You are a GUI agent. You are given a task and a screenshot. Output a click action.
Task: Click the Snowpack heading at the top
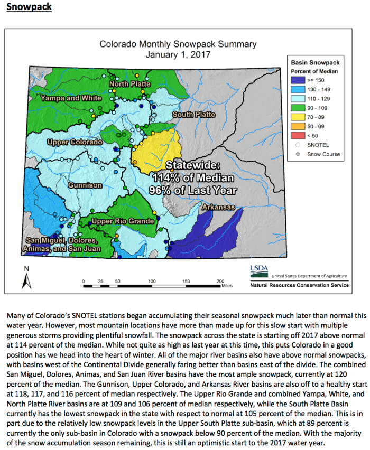click(x=29, y=8)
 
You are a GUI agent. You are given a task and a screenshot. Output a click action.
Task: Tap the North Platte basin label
click(x=130, y=84)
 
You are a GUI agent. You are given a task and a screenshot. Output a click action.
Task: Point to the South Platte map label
click(x=193, y=115)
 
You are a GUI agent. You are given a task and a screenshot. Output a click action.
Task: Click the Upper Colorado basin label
click(x=75, y=143)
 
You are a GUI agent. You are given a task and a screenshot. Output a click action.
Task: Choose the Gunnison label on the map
click(x=85, y=185)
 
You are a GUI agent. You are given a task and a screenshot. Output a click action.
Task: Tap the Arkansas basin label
click(x=217, y=208)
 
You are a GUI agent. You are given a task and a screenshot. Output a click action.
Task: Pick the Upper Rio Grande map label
click(x=123, y=221)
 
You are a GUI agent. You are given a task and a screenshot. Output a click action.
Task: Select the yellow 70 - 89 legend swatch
click(x=298, y=117)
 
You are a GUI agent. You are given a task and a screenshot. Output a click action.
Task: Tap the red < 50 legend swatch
click(x=298, y=135)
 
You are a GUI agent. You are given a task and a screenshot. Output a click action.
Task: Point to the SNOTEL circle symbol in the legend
click(x=298, y=144)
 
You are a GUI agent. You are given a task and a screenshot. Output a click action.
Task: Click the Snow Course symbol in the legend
click(x=298, y=154)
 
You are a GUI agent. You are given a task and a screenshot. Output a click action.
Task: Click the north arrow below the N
click(x=24, y=280)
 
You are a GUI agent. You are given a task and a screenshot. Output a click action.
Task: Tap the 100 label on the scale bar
click(x=152, y=281)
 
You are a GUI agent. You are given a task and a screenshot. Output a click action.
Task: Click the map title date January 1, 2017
click(x=178, y=54)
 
